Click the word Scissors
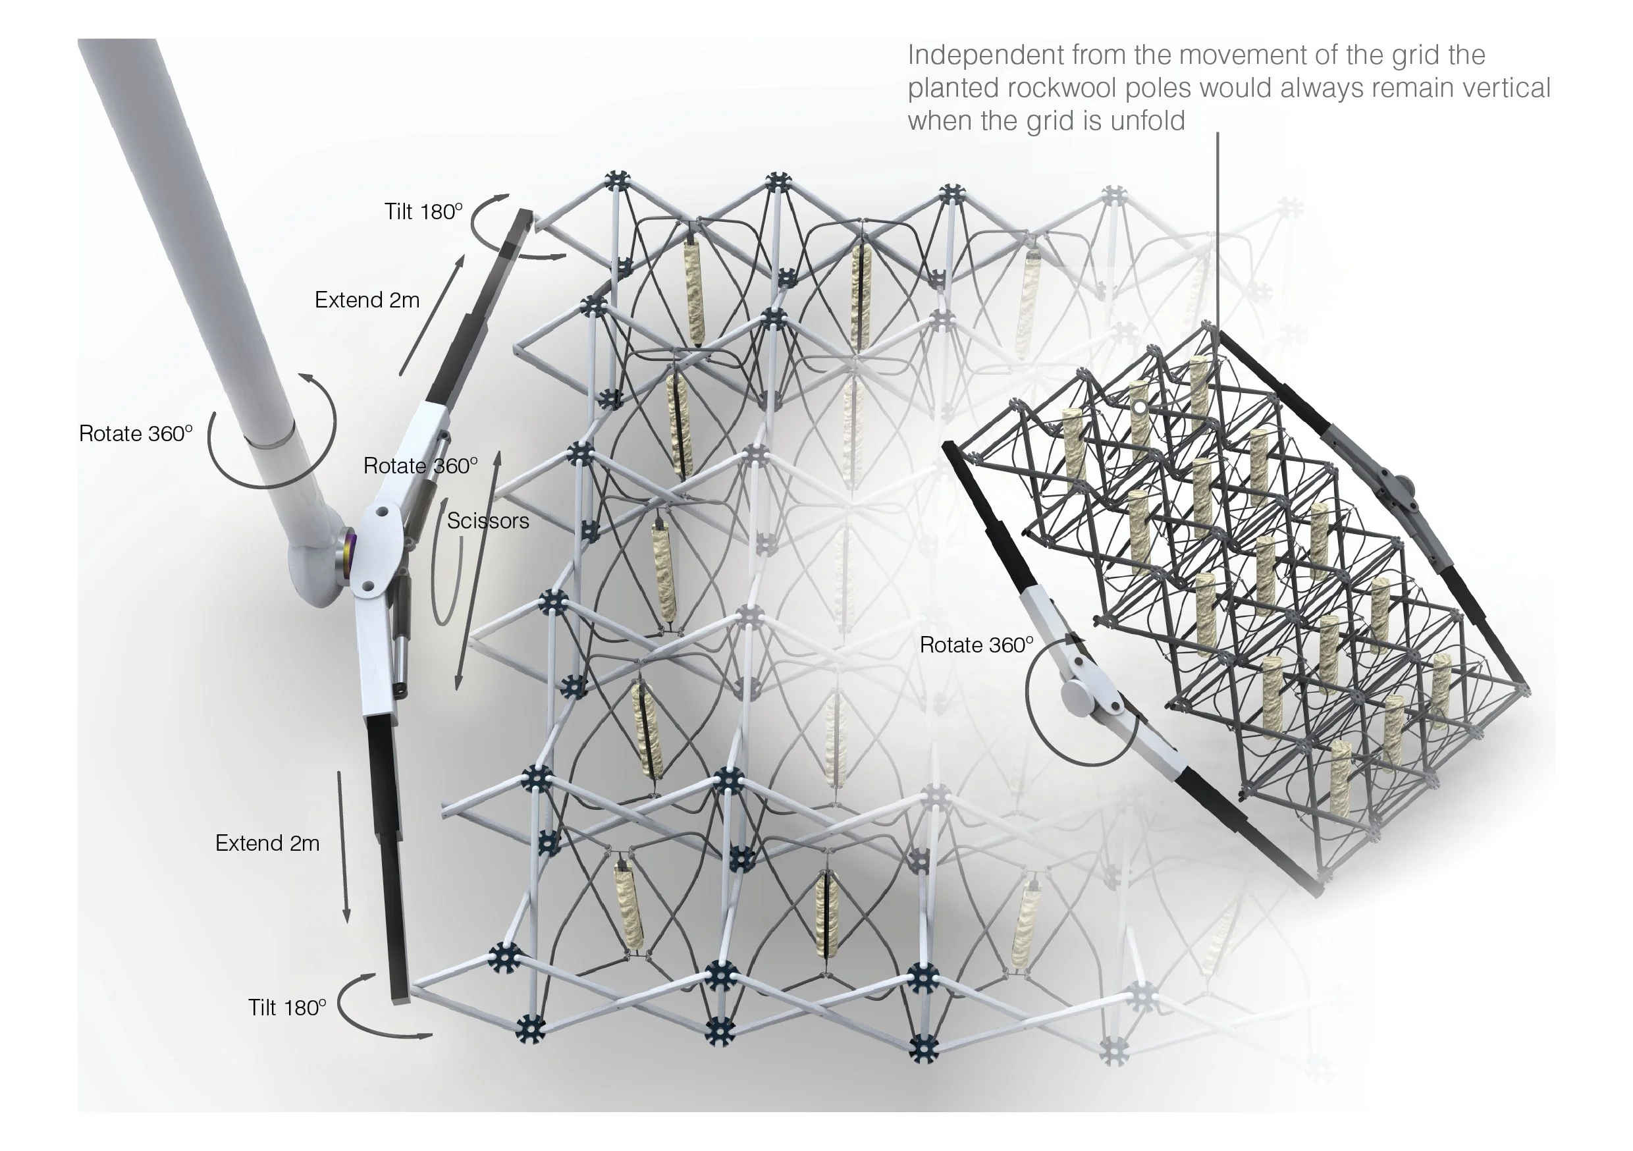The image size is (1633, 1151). (x=488, y=522)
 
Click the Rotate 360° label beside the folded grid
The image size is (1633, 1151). (x=976, y=645)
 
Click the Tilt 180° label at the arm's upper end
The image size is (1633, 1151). (x=423, y=211)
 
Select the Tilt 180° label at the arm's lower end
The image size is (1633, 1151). (x=286, y=1007)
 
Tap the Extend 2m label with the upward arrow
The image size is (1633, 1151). (x=367, y=300)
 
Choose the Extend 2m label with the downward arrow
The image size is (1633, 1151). (x=267, y=843)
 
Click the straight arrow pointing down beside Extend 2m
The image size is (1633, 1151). (x=344, y=847)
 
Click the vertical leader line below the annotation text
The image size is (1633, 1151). (x=1217, y=228)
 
